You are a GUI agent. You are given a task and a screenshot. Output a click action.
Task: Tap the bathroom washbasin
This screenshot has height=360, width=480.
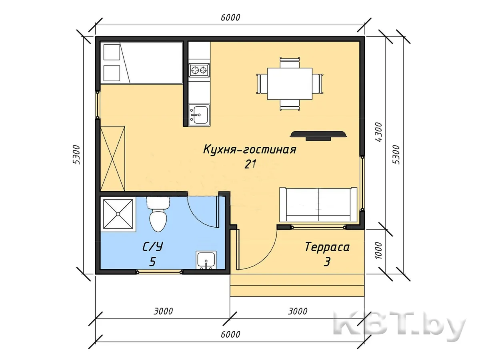(206, 260)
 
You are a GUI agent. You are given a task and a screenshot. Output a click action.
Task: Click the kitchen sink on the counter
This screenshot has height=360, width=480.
(199, 115)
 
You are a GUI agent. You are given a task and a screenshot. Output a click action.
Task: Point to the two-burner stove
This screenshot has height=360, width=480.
(199, 70)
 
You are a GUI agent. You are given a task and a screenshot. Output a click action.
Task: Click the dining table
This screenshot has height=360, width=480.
(290, 84)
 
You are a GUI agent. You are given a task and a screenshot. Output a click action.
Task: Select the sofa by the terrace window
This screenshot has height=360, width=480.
(318, 204)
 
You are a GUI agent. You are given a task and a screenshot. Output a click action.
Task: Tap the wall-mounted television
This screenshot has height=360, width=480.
(318, 136)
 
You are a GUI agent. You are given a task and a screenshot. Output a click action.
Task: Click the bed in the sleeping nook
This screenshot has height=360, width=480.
(142, 63)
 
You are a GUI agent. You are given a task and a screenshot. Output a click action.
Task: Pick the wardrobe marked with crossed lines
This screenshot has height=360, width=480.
(112, 159)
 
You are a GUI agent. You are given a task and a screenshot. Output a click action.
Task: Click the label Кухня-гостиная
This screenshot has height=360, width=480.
(250, 150)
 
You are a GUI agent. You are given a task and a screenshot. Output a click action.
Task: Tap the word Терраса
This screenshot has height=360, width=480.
(327, 247)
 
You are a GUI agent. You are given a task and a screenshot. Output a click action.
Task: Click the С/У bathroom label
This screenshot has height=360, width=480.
(153, 247)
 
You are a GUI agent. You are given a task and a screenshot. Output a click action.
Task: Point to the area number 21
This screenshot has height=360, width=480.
(250, 164)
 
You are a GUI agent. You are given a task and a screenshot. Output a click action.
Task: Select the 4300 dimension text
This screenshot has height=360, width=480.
(378, 132)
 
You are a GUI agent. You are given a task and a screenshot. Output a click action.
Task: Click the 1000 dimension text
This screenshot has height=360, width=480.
(378, 250)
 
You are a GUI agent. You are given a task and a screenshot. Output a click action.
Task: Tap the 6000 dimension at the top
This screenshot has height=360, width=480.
(230, 18)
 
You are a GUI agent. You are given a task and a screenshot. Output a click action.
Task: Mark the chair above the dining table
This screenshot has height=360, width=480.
(290, 63)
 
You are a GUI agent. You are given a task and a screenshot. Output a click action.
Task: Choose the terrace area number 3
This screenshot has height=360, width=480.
(327, 262)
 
